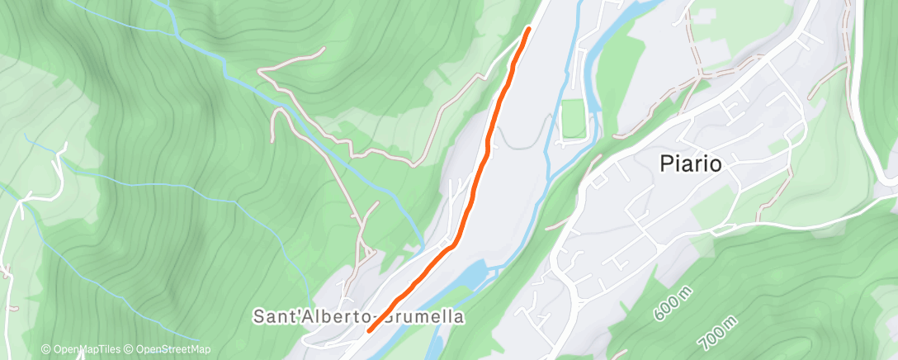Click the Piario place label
coord(691,164)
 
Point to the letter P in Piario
coord(666,164)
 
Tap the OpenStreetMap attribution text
coord(168,349)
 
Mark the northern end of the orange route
coord(528,31)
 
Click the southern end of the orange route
coord(368,330)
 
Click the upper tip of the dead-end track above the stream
coord(322,49)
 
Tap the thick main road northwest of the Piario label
coord(636,132)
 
